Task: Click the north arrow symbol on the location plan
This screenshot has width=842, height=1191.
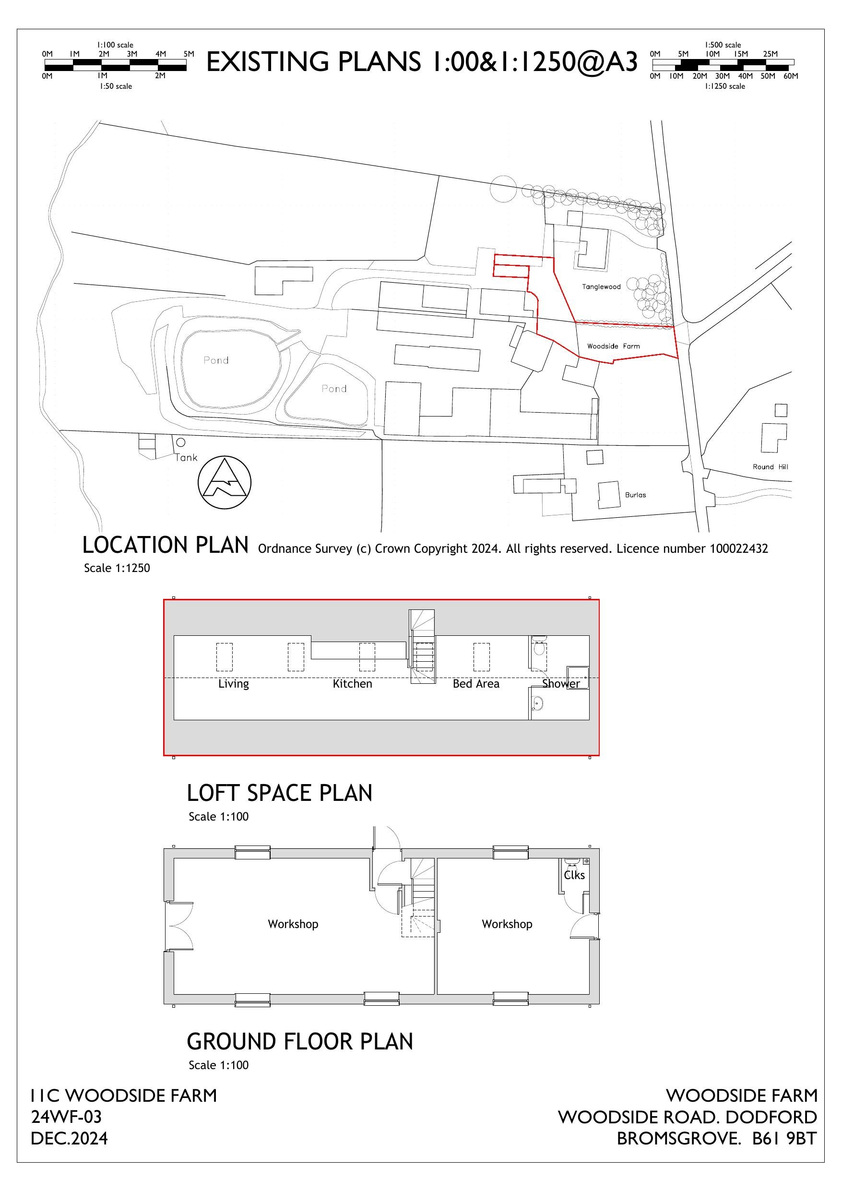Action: [x=224, y=482]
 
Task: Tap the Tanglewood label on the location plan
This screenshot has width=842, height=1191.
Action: [x=601, y=287]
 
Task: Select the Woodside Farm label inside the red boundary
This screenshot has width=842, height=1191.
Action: [x=613, y=346]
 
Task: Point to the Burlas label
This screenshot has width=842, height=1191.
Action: [x=635, y=495]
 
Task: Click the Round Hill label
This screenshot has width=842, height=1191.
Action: [x=770, y=467]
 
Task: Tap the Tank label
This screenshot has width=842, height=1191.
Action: [x=186, y=457]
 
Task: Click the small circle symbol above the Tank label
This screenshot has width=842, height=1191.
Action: [x=180, y=442]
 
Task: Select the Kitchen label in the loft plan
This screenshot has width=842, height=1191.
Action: [x=352, y=684]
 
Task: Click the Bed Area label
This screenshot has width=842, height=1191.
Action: [x=476, y=684]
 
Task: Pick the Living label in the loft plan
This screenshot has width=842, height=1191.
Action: [x=234, y=684]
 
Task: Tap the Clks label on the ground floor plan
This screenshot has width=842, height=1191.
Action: [x=574, y=876]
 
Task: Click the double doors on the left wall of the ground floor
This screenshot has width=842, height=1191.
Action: [x=179, y=926]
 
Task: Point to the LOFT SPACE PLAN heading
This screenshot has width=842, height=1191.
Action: [x=279, y=793]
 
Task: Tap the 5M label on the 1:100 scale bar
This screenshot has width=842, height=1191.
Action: [x=189, y=54]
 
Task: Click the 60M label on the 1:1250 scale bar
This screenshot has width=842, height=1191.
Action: [x=791, y=76]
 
